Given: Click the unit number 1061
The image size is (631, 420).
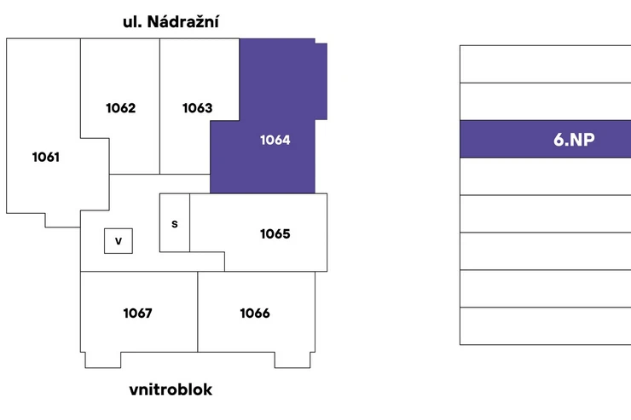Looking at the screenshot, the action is point(46,157).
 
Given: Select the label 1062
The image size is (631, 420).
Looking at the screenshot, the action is point(121,107).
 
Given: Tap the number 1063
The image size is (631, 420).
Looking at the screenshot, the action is point(197,107).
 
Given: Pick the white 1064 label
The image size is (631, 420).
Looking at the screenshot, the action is point(275,140).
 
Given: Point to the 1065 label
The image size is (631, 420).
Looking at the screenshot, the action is point(275,233).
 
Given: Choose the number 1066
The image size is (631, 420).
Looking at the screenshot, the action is point(255,314).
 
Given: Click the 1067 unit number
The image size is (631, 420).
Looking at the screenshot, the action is point(137,314).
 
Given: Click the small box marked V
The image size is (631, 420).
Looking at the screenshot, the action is point(119,241).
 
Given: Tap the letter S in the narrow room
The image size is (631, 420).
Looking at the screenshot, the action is point(174,224).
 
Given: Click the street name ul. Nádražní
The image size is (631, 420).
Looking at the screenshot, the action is point(171,21).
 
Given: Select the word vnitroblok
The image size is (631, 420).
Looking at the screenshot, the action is point(171,389).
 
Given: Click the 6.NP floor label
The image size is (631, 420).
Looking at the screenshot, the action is point(574,140).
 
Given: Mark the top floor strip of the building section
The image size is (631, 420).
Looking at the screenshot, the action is point(545,64).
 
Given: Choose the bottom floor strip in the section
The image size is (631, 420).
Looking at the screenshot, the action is point(545,326).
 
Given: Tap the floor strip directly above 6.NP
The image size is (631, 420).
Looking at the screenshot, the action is point(545,101).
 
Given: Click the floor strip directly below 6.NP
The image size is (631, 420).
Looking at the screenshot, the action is point(545,176).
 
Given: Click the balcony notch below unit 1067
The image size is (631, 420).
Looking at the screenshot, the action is point(103,360).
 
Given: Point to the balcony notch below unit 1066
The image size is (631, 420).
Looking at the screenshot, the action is point(292,360).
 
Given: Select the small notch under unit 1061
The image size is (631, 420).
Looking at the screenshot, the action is point(63,221).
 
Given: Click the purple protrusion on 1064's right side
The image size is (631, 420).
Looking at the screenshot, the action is point(321,81).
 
